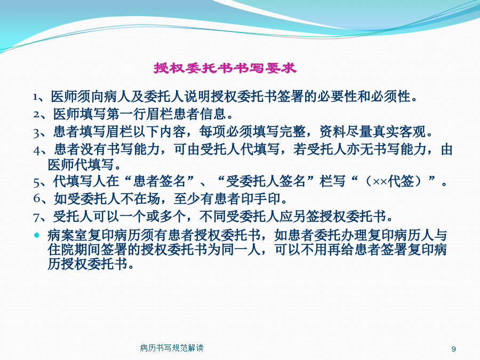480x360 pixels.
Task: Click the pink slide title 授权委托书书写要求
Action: [225, 68]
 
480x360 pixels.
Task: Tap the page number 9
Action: [454, 349]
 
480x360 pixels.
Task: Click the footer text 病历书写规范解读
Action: [172, 348]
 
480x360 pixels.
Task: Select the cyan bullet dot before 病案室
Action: [37, 235]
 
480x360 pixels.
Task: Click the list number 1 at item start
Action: [36, 98]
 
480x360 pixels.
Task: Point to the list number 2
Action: [36, 115]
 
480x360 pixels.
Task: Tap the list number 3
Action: [36, 133]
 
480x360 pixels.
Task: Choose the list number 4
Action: [37, 150]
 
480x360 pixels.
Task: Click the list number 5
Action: [36, 182]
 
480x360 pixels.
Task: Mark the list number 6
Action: [37, 198]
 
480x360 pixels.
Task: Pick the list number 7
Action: [36, 218]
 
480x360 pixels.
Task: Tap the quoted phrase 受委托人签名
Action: [266, 181]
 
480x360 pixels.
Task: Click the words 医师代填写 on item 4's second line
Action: [81, 165]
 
